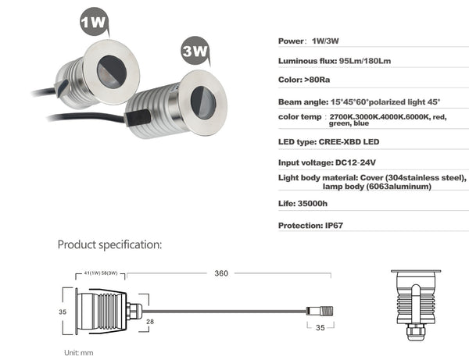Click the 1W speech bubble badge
(94, 22)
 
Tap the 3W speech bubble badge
(195, 51)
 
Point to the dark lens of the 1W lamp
(111, 72)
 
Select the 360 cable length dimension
(221, 273)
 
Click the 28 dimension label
(150, 322)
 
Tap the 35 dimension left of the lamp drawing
(63, 312)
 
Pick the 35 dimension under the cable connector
(320, 328)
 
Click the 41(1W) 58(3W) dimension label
(101, 273)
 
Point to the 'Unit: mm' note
(79, 353)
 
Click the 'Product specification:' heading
(109, 244)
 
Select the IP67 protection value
(334, 226)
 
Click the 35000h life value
(313, 204)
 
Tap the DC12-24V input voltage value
(356, 163)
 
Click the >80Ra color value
(317, 80)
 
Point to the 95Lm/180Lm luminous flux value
(365, 61)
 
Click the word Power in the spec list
(291, 41)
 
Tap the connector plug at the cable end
(320, 312)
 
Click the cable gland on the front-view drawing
(416, 332)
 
